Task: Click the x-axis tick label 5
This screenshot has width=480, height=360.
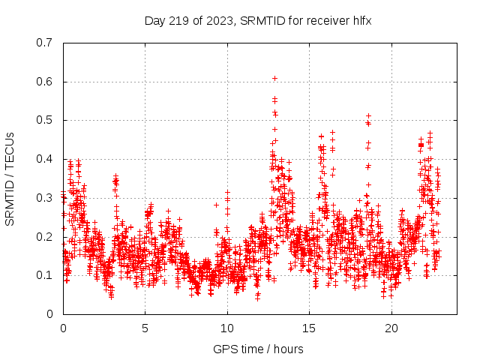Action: [x=145, y=328]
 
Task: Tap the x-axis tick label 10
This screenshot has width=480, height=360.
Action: [x=227, y=328]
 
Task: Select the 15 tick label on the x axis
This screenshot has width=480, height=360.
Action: [x=309, y=328]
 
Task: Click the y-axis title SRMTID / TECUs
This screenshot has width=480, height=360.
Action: [x=10, y=178]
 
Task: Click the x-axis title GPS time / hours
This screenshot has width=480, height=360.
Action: [x=258, y=349]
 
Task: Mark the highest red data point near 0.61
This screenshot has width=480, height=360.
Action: [x=274, y=78]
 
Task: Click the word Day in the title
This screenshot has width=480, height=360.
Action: [x=154, y=20]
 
